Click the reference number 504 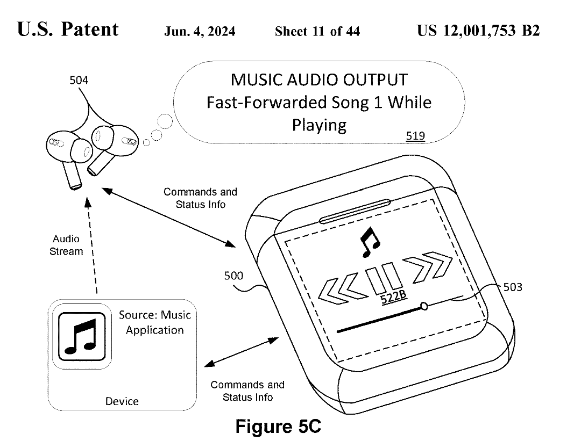[79, 81]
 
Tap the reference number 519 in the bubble [415, 136]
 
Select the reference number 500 [233, 277]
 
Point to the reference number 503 [512, 287]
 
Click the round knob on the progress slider [424, 306]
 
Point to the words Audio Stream [66, 245]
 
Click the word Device [122, 401]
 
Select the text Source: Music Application [155, 322]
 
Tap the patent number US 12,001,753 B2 [478, 31]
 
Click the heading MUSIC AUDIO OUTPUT [318, 80]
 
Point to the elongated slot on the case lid [355, 211]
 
